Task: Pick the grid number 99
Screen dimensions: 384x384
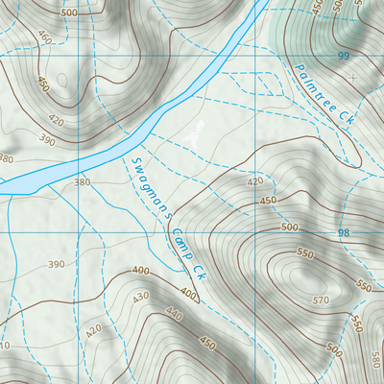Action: [343, 57]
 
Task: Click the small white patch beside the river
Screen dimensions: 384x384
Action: [196, 134]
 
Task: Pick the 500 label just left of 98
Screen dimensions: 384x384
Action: [291, 228]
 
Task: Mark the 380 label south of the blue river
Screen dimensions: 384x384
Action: [82, 181]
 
